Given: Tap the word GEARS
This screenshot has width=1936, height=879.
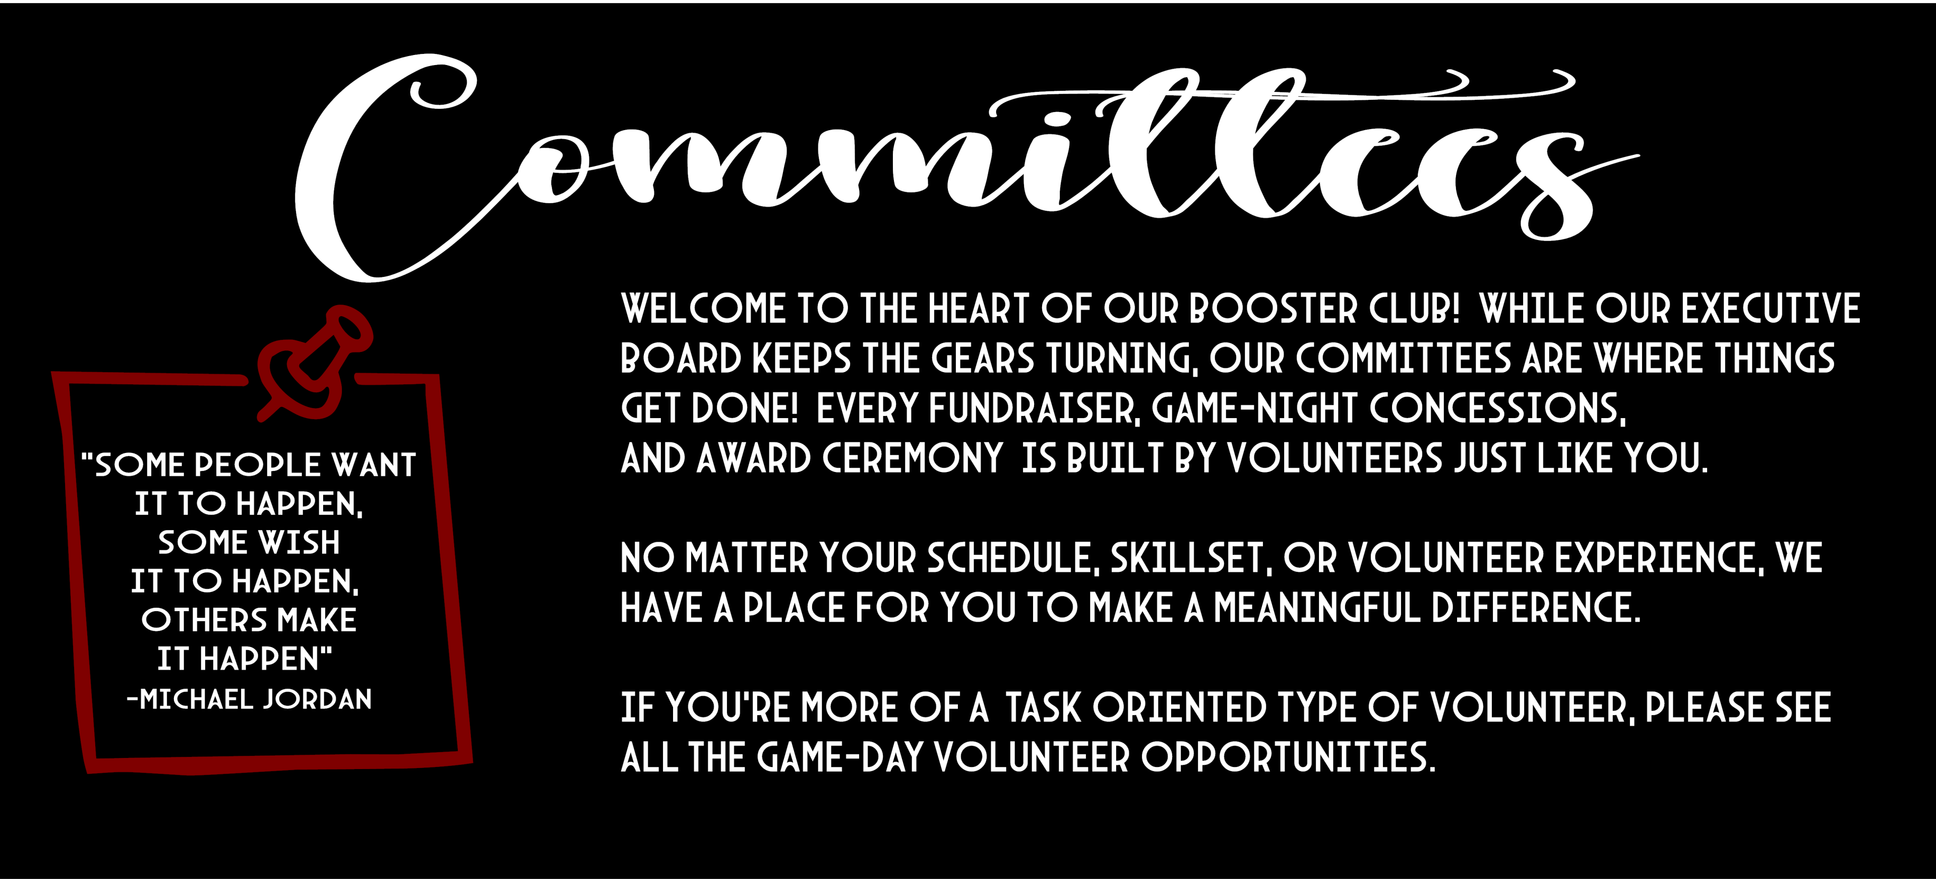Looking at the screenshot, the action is [x=983, y=359].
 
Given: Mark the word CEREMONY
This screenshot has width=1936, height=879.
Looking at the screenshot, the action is [x=913, y=459].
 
